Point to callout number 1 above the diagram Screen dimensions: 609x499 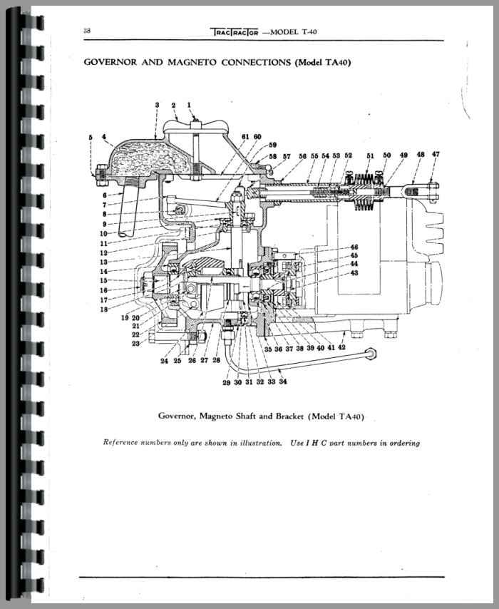tap(190, 106)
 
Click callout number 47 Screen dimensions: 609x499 tap(436, 154)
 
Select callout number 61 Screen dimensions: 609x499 tap(245, 136)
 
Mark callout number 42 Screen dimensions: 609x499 tap(342, 347)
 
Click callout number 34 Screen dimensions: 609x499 tap(284, 382)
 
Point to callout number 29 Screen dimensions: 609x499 tap(226, 382)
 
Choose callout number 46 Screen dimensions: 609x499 tap(354, 248)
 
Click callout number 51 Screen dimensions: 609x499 tap(371, 155)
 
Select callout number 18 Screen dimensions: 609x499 tap(105, 309)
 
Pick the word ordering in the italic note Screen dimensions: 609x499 tap(402, 443)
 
